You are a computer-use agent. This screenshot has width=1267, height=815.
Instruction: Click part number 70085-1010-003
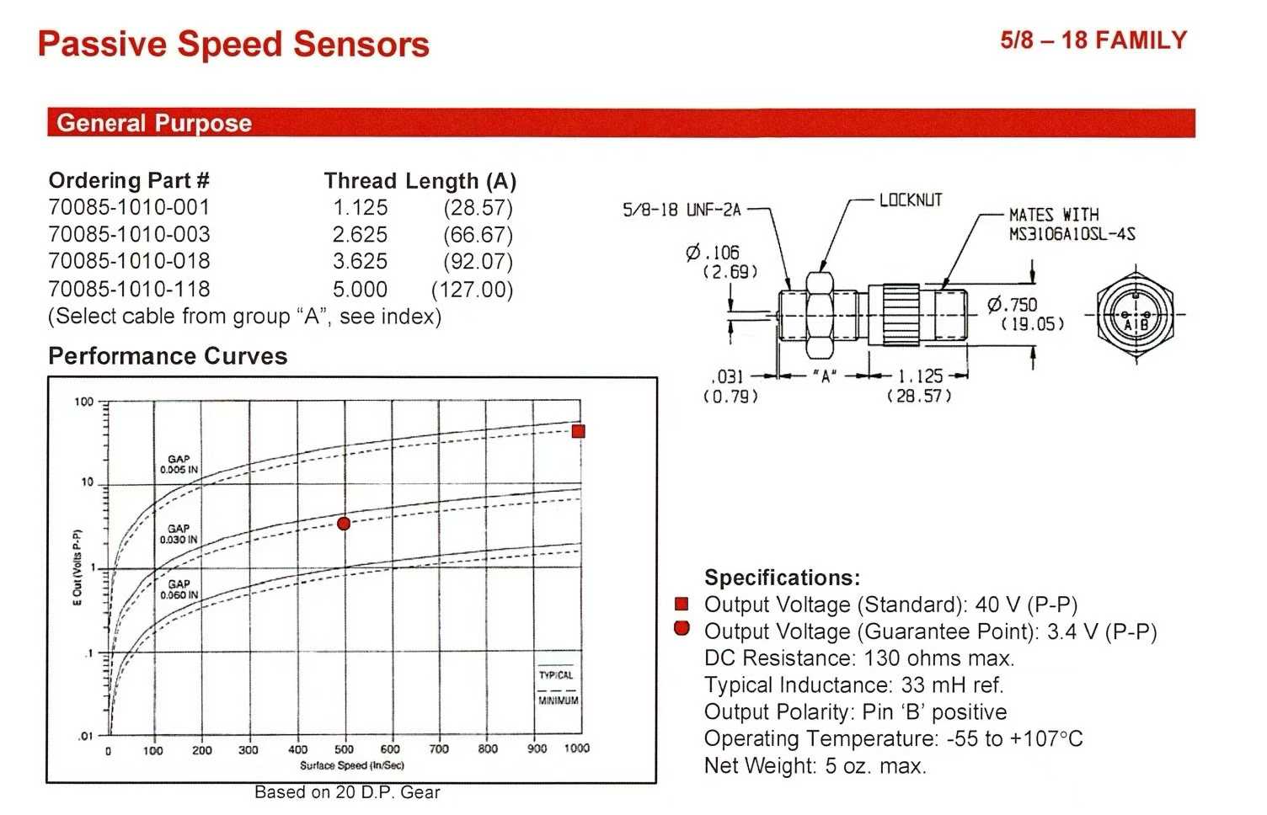pyautogui.click(x=129, y=234)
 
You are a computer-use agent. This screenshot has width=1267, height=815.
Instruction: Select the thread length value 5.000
pyautogui.click(x=360, y=290)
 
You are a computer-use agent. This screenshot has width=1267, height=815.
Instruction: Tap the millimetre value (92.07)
pyautogui.click(x=478, y=261)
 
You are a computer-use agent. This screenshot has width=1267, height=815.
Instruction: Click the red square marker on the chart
pyautogui.click(x=578, y=431)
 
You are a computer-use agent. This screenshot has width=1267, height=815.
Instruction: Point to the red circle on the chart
pyautogui.click(x=344, y=524)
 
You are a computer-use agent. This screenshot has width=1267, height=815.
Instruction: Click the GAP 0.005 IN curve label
pyautogui.click(x=179, y=464)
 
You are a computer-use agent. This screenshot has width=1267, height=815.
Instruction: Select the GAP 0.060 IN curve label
pyautogui.click(x=179, y=589)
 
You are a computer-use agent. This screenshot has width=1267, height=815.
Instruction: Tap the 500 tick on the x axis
pyautogui.click(x=344, y=749)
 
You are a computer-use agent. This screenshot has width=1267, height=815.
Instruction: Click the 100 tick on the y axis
pyautogui.click(x=83, y=402)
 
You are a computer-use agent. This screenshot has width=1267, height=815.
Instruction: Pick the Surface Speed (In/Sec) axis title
pyautogui.click(x=352, y=765)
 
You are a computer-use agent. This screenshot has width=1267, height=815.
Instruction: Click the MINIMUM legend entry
pyautogui.click(x=559, y=700)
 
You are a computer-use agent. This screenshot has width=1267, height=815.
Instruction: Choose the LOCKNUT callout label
pyautogui.click(x=911, y=200)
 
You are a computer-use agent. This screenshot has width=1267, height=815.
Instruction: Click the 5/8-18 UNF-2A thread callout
pyautogui.click(x=682, y=210)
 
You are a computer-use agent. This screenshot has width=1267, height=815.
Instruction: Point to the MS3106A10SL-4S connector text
pyautogui.click(x=1072, y=234)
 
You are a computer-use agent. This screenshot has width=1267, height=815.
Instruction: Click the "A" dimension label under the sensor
pyautogui.click(x=825, y=376)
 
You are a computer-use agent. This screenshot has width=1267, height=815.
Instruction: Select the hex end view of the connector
pyautogui.click(x=1136, y=314)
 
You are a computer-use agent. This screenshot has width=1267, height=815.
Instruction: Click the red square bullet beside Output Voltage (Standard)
pyautogui.click(x=682, y=604)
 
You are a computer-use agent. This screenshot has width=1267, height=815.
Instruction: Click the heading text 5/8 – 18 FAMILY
pyautogui.click(x=1093, y=40)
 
